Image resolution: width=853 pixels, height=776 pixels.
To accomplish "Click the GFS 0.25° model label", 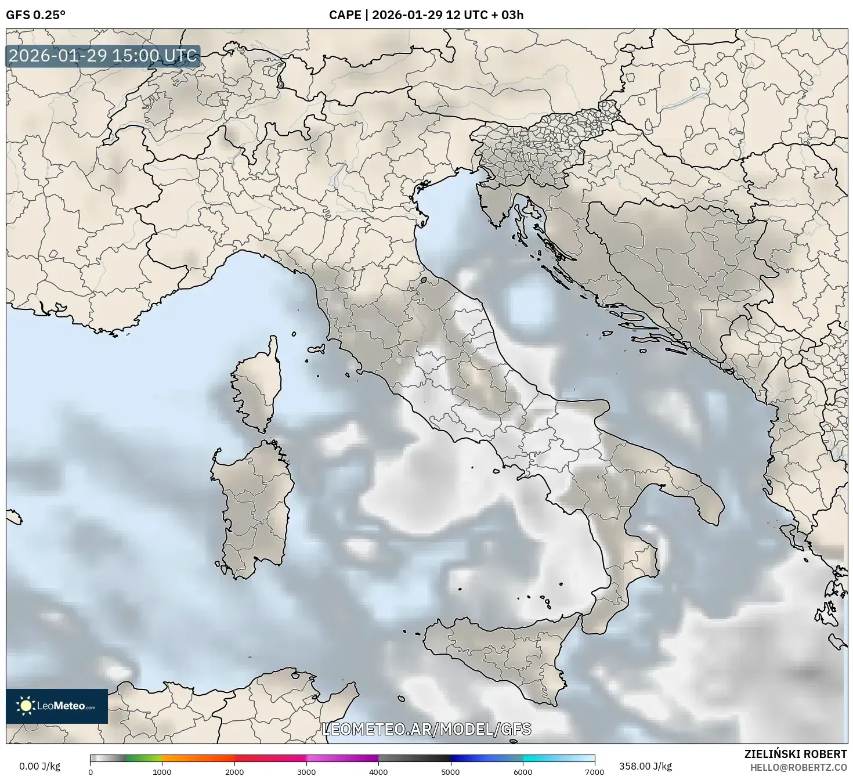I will (35, 15).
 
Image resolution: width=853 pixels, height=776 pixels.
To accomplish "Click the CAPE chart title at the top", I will (426, 15).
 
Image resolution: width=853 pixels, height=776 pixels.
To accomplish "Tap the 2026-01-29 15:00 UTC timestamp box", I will (103, 56).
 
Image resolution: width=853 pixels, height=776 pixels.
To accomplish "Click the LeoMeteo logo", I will (57, 706).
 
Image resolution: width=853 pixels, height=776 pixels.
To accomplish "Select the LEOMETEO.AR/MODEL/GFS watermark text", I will (426, 729).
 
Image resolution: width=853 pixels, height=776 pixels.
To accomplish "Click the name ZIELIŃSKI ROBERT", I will (796, 754).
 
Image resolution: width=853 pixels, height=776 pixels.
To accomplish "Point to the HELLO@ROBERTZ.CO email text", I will (798, 767).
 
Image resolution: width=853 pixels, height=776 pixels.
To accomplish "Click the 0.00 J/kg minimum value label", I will (39, 766).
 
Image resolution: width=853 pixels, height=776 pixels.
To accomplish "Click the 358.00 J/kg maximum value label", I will (645, 766).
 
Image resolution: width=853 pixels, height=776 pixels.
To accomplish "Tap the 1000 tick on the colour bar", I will (162, 771).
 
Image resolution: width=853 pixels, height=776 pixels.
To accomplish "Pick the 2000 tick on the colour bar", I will (234, 771).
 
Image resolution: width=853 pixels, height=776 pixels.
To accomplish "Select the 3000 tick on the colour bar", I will (306, 771).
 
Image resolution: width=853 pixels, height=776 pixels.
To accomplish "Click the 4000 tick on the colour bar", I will (378, 771).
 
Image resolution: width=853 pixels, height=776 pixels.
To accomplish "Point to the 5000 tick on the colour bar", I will (451, 771).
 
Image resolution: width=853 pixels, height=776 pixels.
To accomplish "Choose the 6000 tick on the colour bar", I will (523, 771).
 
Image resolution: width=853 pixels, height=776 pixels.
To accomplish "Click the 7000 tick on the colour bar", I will (595, 771).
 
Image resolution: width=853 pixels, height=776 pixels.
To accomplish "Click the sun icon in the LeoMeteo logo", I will (26, 706).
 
